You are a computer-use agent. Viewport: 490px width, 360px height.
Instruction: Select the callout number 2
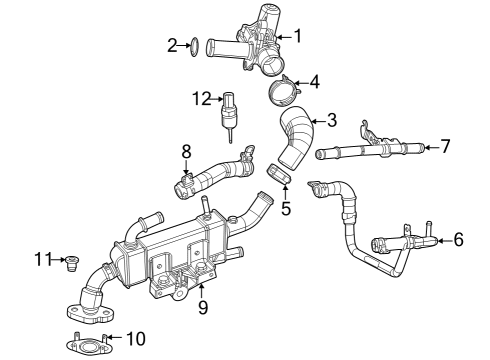coord(172,44)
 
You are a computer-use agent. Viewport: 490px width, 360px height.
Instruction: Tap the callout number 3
coord(332,118)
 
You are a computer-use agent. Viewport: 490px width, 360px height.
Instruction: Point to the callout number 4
coord(314,81)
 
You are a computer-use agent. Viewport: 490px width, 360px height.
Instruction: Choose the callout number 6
coord(459,239)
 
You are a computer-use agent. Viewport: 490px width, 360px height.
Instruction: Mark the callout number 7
coord(445,146)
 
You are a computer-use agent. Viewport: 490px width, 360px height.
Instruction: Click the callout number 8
coord(185,151)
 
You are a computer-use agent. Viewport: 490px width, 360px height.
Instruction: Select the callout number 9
coord(202,307)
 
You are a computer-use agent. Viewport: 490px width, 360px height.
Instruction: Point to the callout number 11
coord(40,260)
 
